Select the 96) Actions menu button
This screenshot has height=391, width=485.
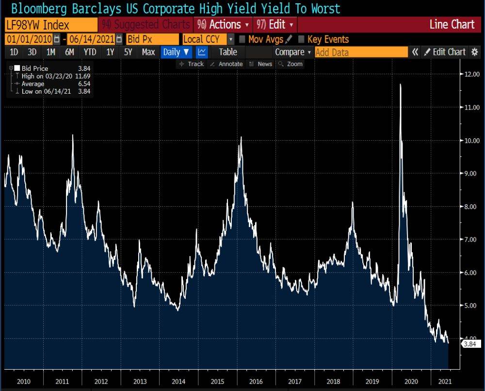coord(224,25)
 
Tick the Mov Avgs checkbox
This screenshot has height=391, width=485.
coord(242,39)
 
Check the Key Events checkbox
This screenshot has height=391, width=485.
coord(301,39)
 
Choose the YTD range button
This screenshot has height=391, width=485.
coord(90,52)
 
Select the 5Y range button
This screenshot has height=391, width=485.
coord(128,52)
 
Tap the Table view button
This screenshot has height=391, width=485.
coord(228,52)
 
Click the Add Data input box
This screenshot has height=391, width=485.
coord(361,52)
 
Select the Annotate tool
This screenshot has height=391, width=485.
coord(226,64)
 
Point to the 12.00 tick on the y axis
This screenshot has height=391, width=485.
coord(468,74)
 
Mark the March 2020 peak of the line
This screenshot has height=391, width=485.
coord(400,84)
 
